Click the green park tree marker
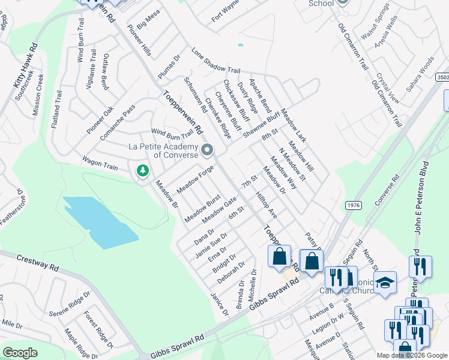(142, 172)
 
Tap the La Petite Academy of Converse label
(163, 150)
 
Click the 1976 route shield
(353, 206)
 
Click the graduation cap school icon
(385, 283)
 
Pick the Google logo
(20, 353)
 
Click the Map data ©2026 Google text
(411, 355)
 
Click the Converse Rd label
(387, 194)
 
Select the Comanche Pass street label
(118, 123)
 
